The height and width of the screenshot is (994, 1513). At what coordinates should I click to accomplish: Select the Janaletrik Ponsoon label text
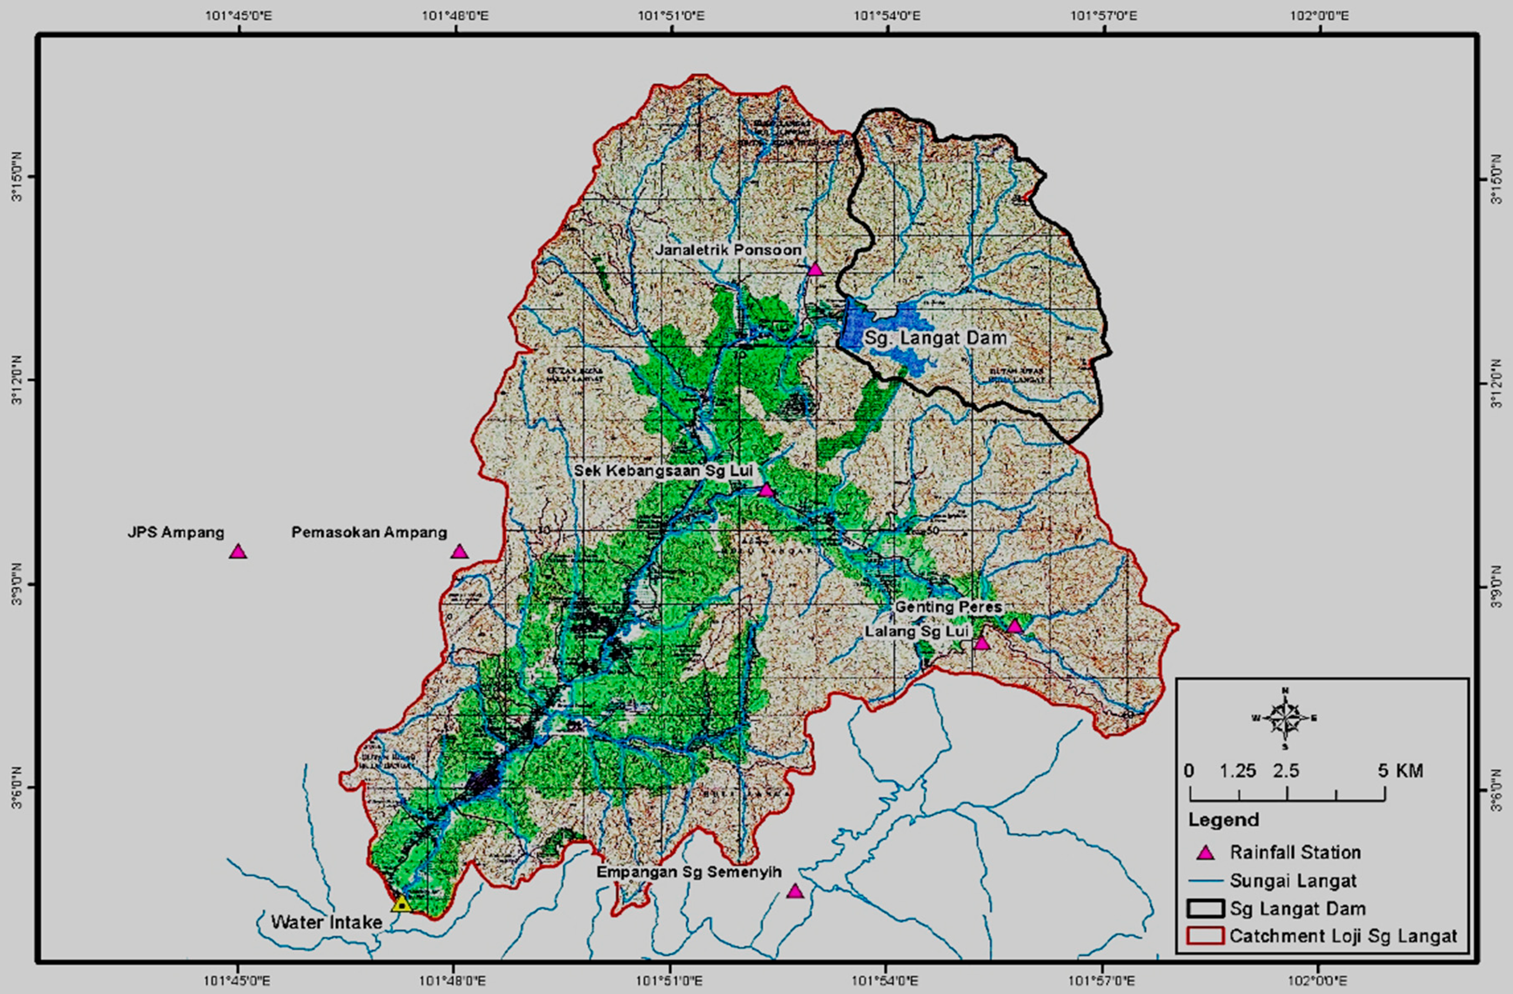pos(728,250)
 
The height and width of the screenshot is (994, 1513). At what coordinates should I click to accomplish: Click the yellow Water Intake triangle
pos(401,904)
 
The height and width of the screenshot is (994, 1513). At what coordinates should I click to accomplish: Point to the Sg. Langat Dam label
pos(935,338)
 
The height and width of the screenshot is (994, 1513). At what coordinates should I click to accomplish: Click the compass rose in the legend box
pos(1285,718)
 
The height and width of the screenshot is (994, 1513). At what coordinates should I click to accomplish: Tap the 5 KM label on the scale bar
pos(1400,771)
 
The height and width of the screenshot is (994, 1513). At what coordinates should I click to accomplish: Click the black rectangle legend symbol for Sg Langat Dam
pos(1205,909)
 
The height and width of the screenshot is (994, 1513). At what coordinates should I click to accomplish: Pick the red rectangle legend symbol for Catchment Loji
pos(1205,936)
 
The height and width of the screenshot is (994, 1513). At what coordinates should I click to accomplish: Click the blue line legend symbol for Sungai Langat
pos(1205,881)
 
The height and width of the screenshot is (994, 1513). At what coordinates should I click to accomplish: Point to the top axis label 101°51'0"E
pos(671,15)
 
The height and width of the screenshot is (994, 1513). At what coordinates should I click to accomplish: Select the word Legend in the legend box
pos(1223,820)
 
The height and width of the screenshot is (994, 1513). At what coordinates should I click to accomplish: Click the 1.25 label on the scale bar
pos(1237,771)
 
